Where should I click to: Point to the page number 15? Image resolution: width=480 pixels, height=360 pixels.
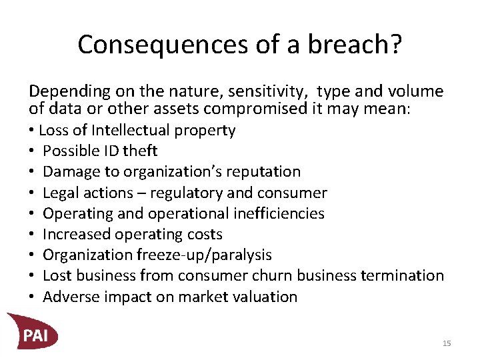(x=447, y=343)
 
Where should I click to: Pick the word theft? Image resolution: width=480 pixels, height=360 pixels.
(x=139, y=151)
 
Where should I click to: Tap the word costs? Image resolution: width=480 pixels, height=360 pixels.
(x=205, y=234)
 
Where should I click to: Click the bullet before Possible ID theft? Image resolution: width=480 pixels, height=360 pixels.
(x=31, y=151)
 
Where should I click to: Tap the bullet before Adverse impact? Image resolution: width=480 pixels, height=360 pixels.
(x=31, y=297)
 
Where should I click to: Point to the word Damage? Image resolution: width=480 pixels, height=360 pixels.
(x=67, y=172)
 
